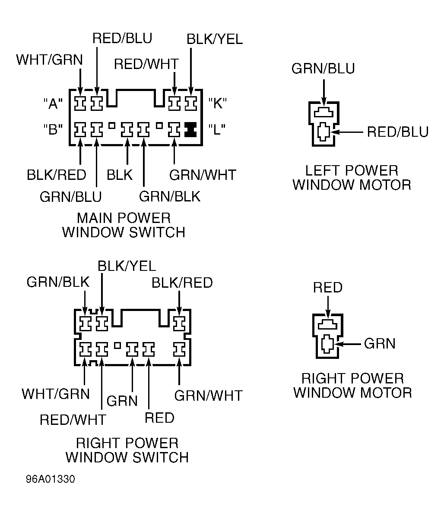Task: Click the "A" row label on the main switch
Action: click(53, 104)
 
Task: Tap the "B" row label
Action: click(53, 129)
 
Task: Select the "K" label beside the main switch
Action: click(217, 104)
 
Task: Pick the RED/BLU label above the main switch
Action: click(122, 38)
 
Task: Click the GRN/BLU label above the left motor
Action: click(323, 69)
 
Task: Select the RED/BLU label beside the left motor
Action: click(397, 132)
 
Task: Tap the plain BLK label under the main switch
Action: click(120, 175)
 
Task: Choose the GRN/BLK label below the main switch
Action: click(169, 197)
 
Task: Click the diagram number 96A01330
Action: click(50, 480)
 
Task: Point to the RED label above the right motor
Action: click(328, 287)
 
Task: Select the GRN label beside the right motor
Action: click(380, 343)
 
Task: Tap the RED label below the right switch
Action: click(159, 418)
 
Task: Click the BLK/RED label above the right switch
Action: click(182, 283)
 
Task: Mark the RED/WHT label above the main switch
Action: click(146, 64)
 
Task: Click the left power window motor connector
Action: click(323, 124)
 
